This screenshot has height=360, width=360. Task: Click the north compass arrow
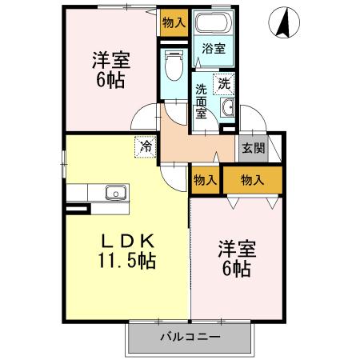point(282,22)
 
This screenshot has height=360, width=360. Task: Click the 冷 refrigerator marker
point(146,146)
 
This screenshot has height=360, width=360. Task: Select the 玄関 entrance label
point(253,148)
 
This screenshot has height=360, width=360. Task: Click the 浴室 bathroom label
point(213,49)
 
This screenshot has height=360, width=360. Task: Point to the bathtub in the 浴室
point(212,23)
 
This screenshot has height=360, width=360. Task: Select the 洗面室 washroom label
point(202,101)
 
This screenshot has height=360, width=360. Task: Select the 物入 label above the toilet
point(174,22)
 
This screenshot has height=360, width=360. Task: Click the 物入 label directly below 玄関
point(253,181)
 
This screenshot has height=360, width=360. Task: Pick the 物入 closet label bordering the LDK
point(205,181)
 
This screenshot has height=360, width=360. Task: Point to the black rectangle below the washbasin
point(228,127)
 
